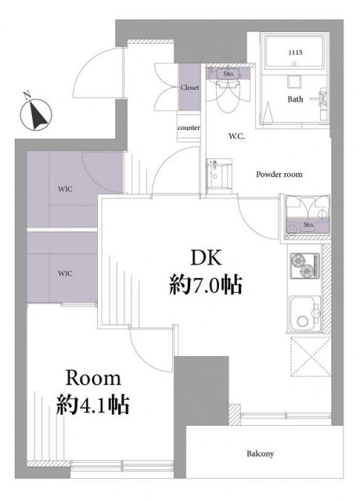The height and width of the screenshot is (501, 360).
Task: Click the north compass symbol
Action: (x=35, y=113)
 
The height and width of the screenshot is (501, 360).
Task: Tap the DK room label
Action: (x=205, y=258)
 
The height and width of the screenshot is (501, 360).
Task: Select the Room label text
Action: (x=93, y=378)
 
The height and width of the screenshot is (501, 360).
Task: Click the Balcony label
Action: (x=260, y=454)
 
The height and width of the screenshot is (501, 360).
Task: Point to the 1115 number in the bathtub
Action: (x=295, y=52)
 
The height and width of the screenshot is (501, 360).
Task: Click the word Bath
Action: (x=295, y=99)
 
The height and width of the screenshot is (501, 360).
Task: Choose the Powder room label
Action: (x=279, y=174)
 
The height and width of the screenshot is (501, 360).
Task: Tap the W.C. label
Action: (x=236, y=136)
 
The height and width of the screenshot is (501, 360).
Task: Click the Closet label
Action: (x=189, y=87)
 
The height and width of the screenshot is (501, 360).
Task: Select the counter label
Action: (x=189, y=128)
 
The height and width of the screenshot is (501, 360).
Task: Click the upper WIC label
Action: (x=65, y=189)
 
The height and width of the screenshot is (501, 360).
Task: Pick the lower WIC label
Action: (x=65, y=273)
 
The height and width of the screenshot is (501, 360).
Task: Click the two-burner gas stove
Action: (x=304, y=265)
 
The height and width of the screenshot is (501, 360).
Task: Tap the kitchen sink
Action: (x=305, y=314)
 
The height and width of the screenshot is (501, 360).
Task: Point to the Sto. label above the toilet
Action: (x=229, y=74)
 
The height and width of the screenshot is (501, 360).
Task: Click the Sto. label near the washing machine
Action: (x=308, y=225)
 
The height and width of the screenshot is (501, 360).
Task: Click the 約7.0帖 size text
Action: (x=205, y=285)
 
